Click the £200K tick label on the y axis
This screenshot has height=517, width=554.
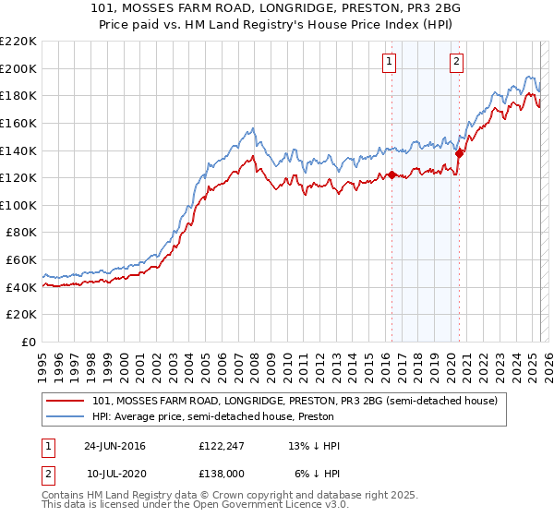[x=18, y=68]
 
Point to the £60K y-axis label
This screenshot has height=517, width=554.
[x=21, y=260]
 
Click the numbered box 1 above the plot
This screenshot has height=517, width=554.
[x=389, y=62]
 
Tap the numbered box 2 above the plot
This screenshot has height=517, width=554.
[x=456, y=62]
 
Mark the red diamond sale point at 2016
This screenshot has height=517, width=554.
[x=391, y=174]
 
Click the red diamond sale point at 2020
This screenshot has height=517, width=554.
[x=459, y=153]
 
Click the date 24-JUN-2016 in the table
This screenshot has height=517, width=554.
[x=114, y=446]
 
